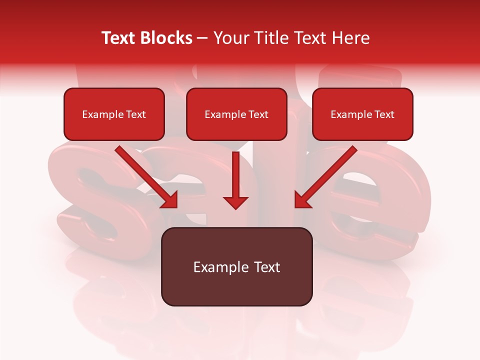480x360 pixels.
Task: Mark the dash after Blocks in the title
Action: coord(202,38)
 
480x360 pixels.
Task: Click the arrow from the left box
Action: coord(145,175)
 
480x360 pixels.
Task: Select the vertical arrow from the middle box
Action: coord(235,175)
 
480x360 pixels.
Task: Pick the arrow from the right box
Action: coord(327,175)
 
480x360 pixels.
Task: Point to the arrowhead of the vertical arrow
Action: coord(235,202)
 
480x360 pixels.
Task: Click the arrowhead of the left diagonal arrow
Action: coord(170,200)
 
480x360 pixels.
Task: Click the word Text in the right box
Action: coord(384,114)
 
